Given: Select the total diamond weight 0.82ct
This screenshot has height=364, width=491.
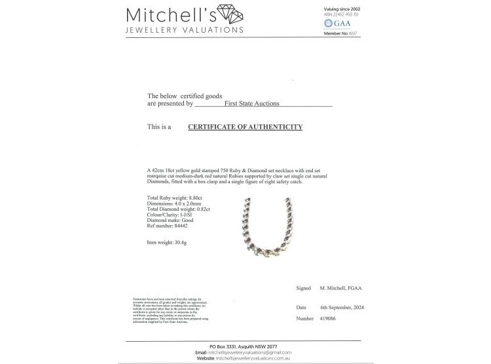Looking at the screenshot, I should click(x=201, y=209).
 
